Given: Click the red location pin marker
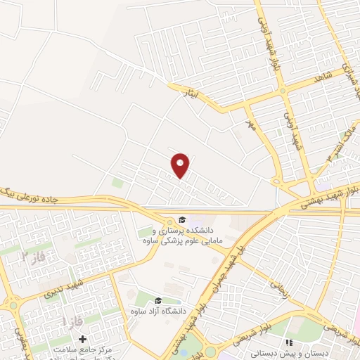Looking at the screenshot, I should coord(181,165).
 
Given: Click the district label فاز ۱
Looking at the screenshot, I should coord(70,321).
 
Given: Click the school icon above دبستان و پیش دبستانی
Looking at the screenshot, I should coord(288,342).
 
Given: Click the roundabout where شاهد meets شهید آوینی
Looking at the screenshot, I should coord(281,90).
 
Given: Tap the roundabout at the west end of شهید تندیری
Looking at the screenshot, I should coord(12,304).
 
